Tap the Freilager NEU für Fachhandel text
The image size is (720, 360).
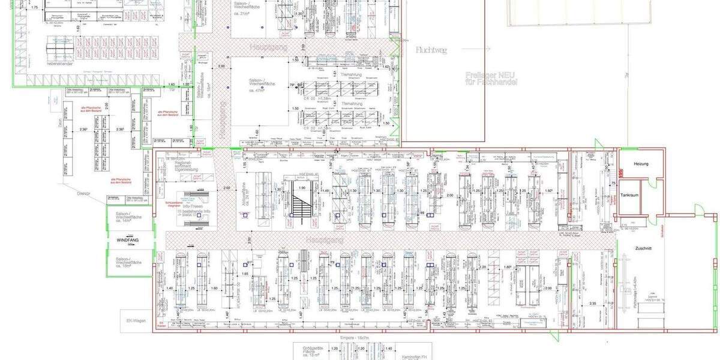click(491, 78)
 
